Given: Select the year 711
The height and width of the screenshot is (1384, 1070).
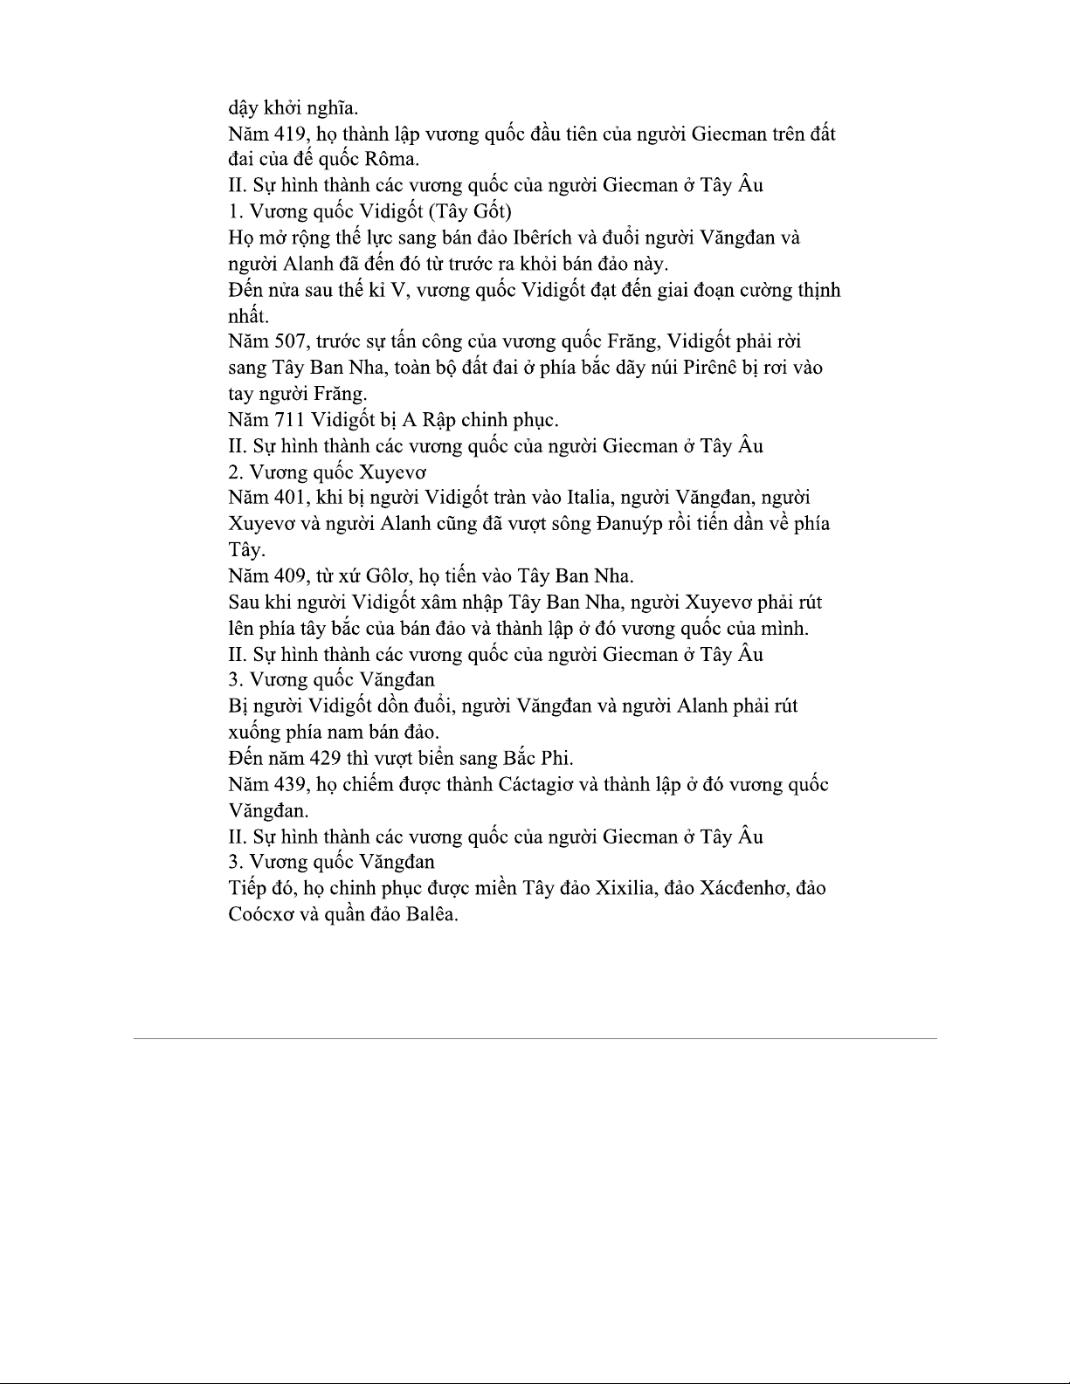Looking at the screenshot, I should click(x=287, y=420).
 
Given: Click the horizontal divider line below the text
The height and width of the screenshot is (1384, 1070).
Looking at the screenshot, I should click(x=535, y=1038).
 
